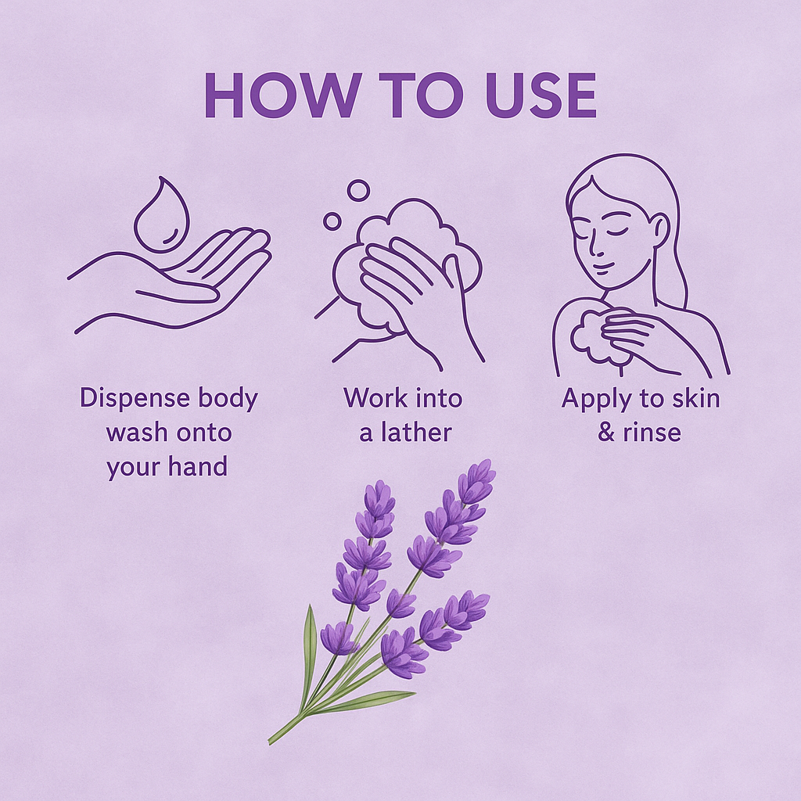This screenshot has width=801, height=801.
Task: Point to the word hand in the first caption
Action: click(199, 467)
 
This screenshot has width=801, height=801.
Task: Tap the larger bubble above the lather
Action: click(358, 190)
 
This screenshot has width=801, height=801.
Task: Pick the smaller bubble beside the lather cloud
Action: click(332, 221)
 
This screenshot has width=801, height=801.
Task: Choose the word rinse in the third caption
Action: click(652, 433)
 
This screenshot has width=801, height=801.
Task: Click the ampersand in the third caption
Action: click(606, 433)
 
